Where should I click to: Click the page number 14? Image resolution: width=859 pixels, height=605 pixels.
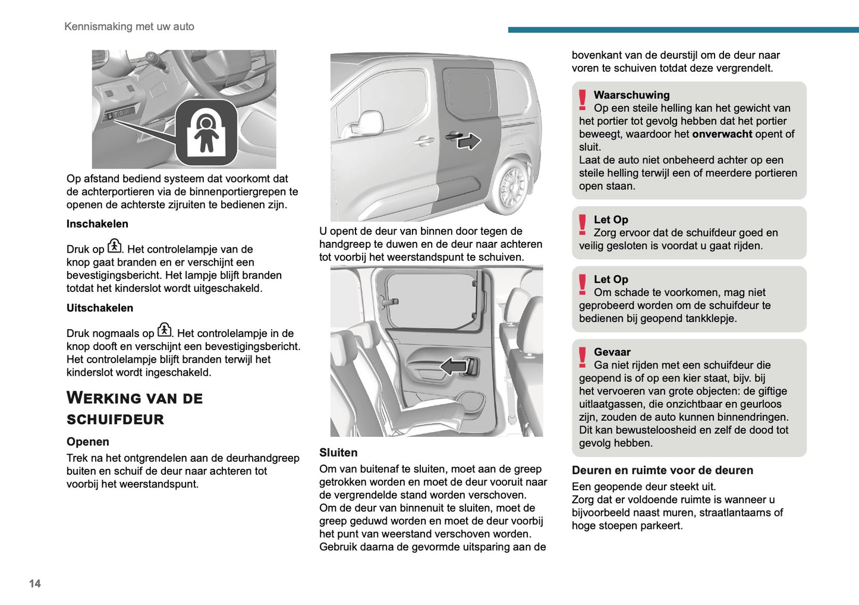[35, 584]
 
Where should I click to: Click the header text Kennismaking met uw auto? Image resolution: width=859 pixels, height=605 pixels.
[129, 27]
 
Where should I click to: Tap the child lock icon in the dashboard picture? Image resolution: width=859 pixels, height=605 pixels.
[206, 133]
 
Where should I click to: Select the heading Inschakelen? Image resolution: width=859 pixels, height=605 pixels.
[97, 224]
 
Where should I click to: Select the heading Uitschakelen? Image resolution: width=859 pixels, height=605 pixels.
[100, 308]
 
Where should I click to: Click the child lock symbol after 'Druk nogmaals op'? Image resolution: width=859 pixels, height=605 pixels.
[165, 330]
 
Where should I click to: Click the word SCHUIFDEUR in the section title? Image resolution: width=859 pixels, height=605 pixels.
[115, 420]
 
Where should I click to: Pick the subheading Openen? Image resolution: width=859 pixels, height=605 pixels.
[88, 442]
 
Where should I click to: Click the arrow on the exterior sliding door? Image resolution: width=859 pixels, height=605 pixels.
[469, 141]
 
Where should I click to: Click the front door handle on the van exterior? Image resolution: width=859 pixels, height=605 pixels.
[424, 141]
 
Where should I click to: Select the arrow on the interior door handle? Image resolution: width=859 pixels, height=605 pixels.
[454, 366]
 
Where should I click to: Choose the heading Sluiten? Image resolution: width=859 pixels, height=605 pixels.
[338, 453]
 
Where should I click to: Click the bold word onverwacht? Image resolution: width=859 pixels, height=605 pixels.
[722, 134]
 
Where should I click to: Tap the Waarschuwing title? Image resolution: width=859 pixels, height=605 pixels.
[631, 95]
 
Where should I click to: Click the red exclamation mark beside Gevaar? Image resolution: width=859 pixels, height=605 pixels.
[583, 358]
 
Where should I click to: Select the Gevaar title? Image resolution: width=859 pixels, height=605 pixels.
[612, 352]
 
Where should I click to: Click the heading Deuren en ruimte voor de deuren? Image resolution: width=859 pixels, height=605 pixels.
[662, 470]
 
